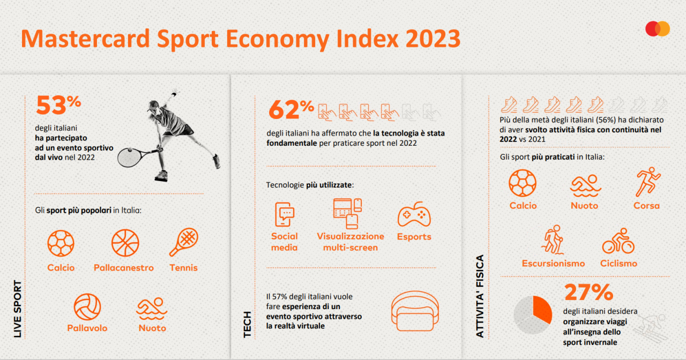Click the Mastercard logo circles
[x=658, y=29]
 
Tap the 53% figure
[x=58, y=104]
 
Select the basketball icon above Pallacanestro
[x=125, y=243]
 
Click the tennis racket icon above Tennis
[x=184, y=242]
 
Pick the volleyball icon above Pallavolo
[x=87, y=307]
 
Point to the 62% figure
[x=291, y=109]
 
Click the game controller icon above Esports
[x=414, y=214]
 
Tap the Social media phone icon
[x=285, y=214]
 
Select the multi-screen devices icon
[x=348, y=213]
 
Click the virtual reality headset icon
[x=415, y=311]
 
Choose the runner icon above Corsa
[x=647, y=182]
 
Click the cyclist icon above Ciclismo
[x=618, y=241]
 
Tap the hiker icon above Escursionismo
[x=553, y=240]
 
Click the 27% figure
[x=588, y=292]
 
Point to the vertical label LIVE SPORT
[x=18, y=309]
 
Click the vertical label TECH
[x=247, y=325]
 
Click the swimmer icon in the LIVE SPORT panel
[x=152, y=309]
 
